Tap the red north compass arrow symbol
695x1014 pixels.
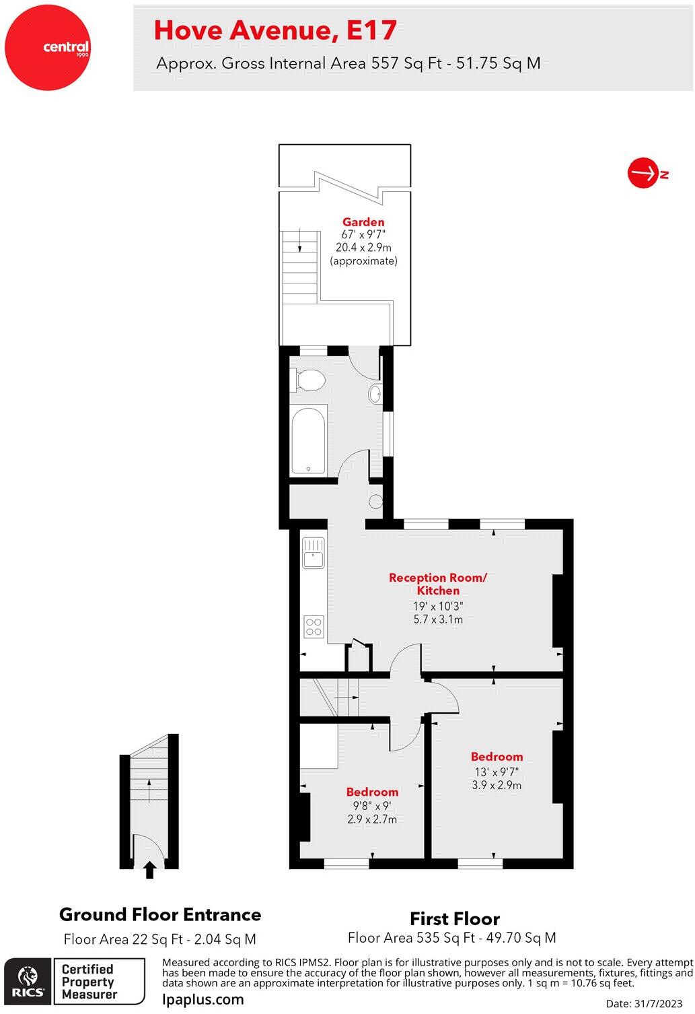coord(643,174)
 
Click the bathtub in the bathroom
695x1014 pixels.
coord(309,442)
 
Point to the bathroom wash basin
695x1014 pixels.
coord(375,393)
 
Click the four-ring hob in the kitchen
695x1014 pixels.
coord(314,626)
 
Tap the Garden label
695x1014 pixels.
coord(363,222)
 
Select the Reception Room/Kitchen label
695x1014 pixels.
coord(437,584)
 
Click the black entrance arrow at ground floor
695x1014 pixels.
coord(150,871)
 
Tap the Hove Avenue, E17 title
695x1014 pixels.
coord(275,30)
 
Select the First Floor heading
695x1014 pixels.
coord(455,918)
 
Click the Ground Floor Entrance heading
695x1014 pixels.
coord(160,914)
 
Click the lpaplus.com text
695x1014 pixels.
coord(203,999)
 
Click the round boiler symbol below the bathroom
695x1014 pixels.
coord(376,501)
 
